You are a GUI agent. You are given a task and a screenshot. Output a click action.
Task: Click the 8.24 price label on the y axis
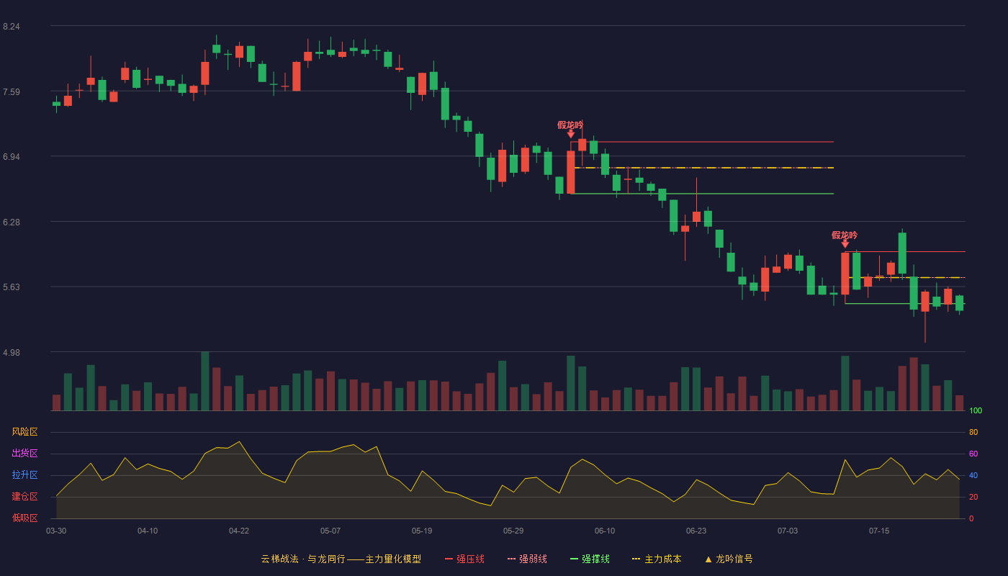click(12, 27)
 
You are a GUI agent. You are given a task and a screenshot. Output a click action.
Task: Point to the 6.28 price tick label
click(12, 222)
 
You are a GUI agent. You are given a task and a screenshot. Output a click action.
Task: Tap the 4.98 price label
click(12, 353)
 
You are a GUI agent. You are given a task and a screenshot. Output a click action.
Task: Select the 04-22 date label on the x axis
click(238, 531)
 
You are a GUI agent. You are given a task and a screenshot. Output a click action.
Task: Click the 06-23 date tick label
click(696, 531)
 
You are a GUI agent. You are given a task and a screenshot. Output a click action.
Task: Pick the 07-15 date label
click(879, 531)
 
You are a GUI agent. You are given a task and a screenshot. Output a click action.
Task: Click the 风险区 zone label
click(24, 432)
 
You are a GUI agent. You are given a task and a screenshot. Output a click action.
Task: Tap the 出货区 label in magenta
click(24, 453)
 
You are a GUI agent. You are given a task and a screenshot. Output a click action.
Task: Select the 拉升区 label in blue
click(24, 474)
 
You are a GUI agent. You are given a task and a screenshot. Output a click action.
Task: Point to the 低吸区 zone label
click(24, 518)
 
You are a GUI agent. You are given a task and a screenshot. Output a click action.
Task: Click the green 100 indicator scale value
click(976, 410)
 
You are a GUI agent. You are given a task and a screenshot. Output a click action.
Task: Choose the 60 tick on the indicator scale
click(973, 454)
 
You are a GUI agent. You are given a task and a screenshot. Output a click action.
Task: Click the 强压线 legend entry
click(464, 559)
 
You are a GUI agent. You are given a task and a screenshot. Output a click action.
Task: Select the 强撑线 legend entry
click(590, 559)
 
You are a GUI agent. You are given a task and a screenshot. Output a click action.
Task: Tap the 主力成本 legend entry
click(657, 559)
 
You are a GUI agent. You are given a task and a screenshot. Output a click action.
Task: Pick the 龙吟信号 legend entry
click(729, 559)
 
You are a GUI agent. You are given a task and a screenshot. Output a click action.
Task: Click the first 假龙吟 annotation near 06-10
click(570, 125)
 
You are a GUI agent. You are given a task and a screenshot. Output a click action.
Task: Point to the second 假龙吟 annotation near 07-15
click(845, 235)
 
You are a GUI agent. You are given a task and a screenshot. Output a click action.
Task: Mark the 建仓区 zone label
click(24, 496)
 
